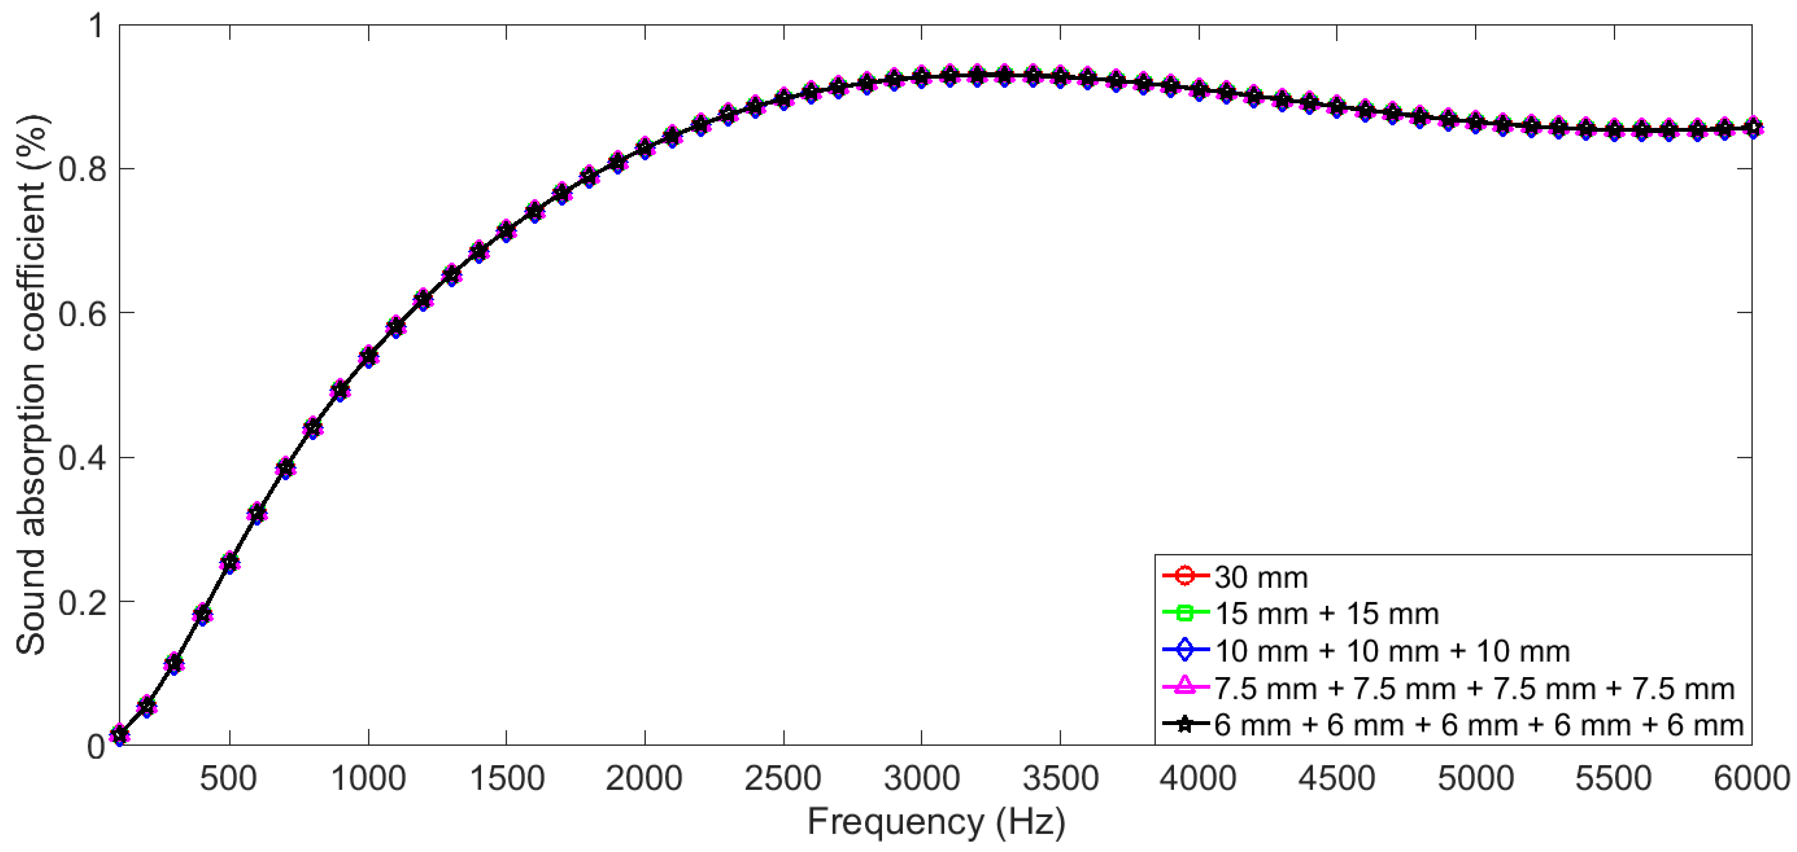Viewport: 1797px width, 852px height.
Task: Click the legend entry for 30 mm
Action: point(1261,577)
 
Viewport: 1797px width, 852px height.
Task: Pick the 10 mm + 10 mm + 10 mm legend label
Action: point(1392,651)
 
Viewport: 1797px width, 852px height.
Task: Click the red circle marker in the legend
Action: point(1185,576)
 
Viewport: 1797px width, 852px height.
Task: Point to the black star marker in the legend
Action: point(1185,725)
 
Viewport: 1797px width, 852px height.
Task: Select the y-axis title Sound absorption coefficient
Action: point(32,385)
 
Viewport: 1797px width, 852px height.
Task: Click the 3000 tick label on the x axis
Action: point(921,778)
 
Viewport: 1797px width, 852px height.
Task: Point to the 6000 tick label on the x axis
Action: point(1751,778)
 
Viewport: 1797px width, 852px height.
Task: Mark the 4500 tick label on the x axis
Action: point(1336,778)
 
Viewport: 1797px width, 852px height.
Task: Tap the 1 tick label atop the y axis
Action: point(96,27)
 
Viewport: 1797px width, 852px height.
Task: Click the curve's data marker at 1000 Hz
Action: point(369,357)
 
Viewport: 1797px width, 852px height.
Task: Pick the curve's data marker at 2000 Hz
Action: point(644,148)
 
